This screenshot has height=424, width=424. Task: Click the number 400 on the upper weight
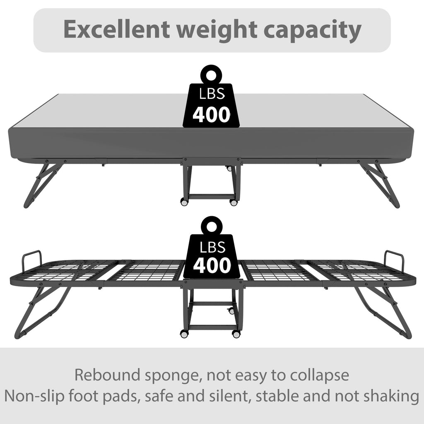point(212,115)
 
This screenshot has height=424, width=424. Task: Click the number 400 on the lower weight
point(212,265)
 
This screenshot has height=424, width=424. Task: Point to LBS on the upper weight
point(212,94)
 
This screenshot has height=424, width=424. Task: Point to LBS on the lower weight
point(212,247)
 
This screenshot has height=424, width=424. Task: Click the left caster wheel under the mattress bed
point(184,202)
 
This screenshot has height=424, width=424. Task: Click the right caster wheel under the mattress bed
point(233,202)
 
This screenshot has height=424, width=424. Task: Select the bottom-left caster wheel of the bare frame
point(184,334)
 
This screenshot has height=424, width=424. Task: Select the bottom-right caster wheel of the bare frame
point(236,334)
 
